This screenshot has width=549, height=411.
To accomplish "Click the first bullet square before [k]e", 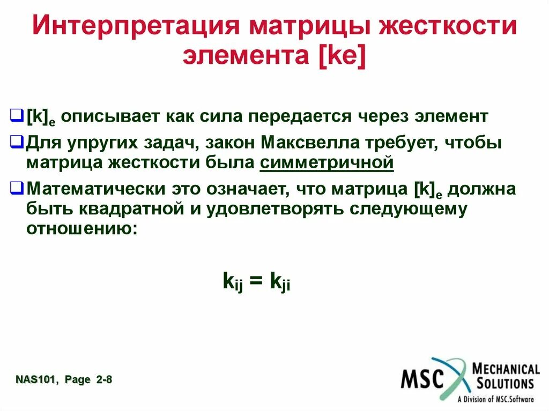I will pos(17,116).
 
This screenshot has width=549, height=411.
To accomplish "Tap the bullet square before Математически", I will pos(17,188).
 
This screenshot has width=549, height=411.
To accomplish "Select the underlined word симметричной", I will pos(327,163).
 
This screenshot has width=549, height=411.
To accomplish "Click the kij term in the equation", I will pos(233,282).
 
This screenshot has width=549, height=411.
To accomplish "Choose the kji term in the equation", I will pos(280,282).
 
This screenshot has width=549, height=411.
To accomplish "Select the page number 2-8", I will pos(104,380).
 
